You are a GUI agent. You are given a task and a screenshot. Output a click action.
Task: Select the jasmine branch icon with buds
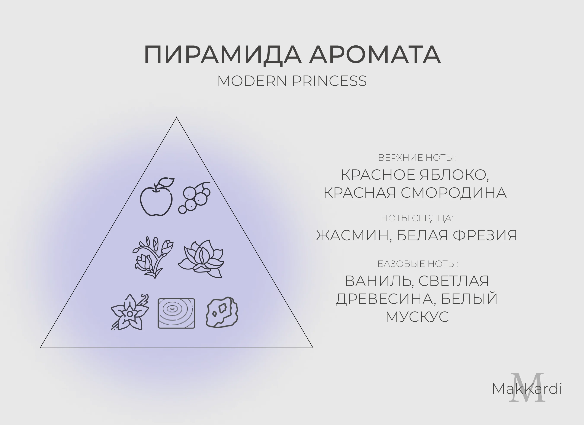point(153,257)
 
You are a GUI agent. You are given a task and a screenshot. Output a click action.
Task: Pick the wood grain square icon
point(176,313)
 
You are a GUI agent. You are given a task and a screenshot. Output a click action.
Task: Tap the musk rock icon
point(222,312)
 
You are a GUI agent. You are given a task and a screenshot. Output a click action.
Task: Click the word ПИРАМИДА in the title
point(223,55)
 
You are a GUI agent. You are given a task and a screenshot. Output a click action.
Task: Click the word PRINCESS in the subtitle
point(329,81)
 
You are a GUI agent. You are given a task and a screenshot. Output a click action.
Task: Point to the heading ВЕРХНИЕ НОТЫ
point(417,158)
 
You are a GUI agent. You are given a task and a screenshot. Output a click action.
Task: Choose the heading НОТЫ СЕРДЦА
point(417,218)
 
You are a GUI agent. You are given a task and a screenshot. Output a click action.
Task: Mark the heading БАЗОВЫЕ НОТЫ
point(418,264)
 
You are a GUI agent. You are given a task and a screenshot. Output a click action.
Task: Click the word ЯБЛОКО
point(455,175)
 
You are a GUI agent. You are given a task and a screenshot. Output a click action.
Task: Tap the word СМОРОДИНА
point(454,193)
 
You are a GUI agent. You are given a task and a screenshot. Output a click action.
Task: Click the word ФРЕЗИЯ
point(485,235)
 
